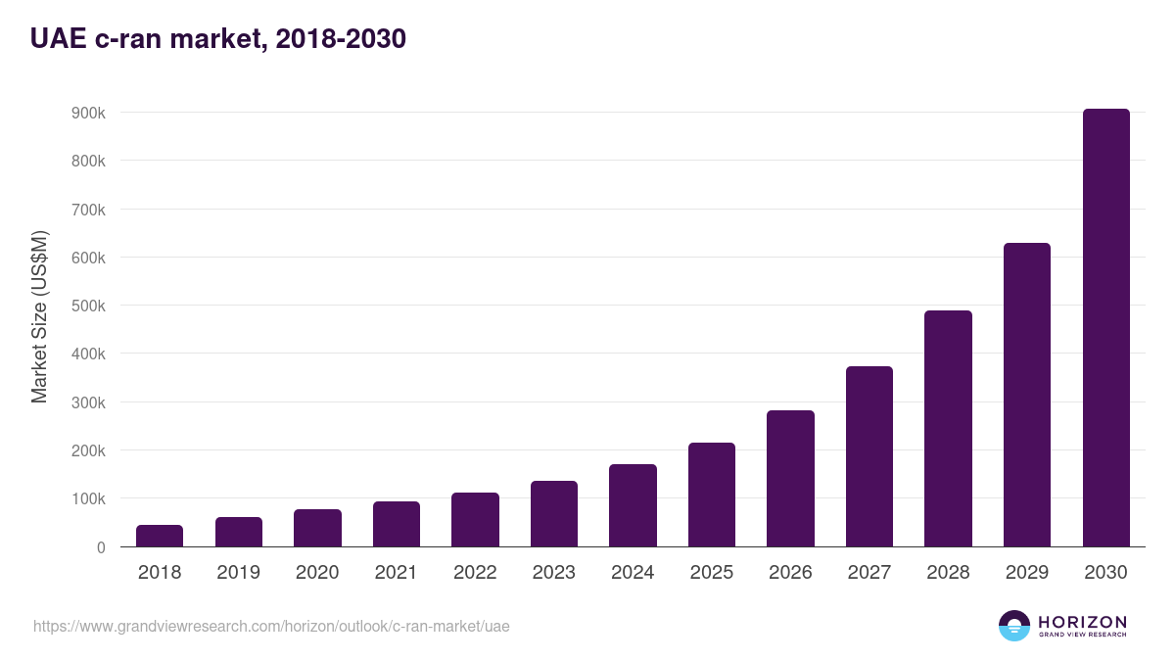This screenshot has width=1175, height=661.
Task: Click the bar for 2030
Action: coord(1105,328)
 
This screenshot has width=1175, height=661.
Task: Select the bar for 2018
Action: coord(160,536)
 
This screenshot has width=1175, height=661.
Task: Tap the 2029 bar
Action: coord(1027,395)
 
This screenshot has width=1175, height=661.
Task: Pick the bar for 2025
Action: coord(712,495)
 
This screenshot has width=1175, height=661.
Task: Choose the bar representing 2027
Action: coord(869,456)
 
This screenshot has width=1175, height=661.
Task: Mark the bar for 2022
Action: coord(475,519)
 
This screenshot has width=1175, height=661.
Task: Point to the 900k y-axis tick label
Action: coord(88,113)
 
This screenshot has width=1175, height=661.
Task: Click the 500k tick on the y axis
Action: coord(88,306)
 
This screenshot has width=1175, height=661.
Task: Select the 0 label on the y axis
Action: coord(100,547)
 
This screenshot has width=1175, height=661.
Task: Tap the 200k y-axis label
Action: coord(88,450)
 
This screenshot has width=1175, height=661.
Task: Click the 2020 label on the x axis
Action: coord(317,573)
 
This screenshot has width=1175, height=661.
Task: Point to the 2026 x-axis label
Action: coord(790,573)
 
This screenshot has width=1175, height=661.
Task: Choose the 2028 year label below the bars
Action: coord(948,573)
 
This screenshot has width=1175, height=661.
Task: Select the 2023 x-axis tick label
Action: coord(554,573)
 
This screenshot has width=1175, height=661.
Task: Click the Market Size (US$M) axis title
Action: coord(39,316)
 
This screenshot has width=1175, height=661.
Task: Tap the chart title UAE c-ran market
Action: coord(217,39)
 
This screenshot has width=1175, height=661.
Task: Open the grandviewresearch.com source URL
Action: coord(271,626)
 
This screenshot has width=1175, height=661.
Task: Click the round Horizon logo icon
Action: coord(1014,626)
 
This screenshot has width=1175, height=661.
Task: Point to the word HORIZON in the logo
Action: coord(1082,621)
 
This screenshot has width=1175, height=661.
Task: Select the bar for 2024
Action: coord(633,505)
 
